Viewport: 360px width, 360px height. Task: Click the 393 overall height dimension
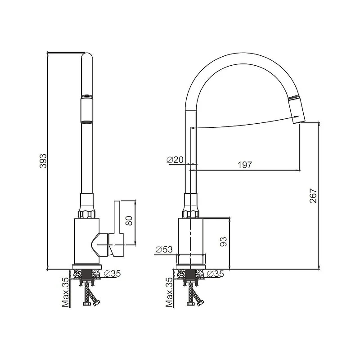click(x=43, y=161)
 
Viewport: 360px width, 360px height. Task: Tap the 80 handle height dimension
click(x=129, y=221)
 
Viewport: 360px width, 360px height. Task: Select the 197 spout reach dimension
click(x=244, y=165)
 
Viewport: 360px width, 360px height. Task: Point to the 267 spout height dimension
click(x=313, y=196)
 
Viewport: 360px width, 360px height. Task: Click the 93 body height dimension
click(x=223, y=242)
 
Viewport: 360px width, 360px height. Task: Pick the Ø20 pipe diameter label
click(x=175, y=160)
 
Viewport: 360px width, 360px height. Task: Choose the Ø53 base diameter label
click(x=164, y=249)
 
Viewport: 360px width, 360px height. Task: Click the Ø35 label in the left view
click(x=112, y=274)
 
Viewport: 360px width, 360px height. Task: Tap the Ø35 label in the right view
click(x=215, y=274)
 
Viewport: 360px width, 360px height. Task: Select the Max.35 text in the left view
click(x=65, y=292)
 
